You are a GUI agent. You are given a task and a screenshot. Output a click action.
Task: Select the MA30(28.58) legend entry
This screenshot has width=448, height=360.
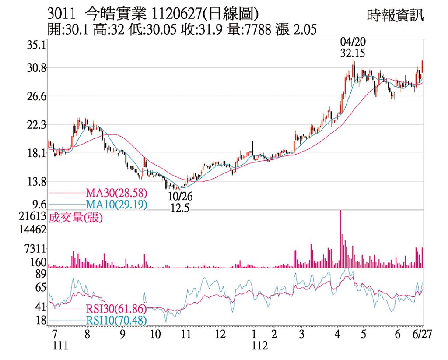(x=116, y=193)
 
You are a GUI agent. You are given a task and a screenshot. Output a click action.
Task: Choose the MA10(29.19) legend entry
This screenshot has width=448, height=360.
(x=116, y=205)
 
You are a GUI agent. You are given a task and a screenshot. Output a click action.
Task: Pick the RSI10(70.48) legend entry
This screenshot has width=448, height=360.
(x=116, y=321)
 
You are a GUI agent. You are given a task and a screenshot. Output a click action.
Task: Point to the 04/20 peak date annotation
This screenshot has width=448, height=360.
(x=353, y=42)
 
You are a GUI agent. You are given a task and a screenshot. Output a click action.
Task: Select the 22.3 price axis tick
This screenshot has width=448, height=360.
(x=36, y=125)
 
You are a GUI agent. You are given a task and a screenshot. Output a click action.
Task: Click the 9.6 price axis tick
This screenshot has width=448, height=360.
(x=39, y=204)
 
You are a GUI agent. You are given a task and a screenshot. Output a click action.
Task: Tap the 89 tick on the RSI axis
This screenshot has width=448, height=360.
(x=40, y=275)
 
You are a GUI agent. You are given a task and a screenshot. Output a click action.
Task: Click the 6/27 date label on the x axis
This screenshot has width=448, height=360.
(x=422, y=334)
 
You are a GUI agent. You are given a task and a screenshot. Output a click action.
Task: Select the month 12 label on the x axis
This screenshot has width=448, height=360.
(x=220, y=334)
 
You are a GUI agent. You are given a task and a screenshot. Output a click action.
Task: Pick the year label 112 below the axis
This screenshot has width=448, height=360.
(x=259, y=346)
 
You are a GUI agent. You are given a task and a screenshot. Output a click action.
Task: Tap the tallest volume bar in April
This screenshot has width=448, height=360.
(x=340, y=239)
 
